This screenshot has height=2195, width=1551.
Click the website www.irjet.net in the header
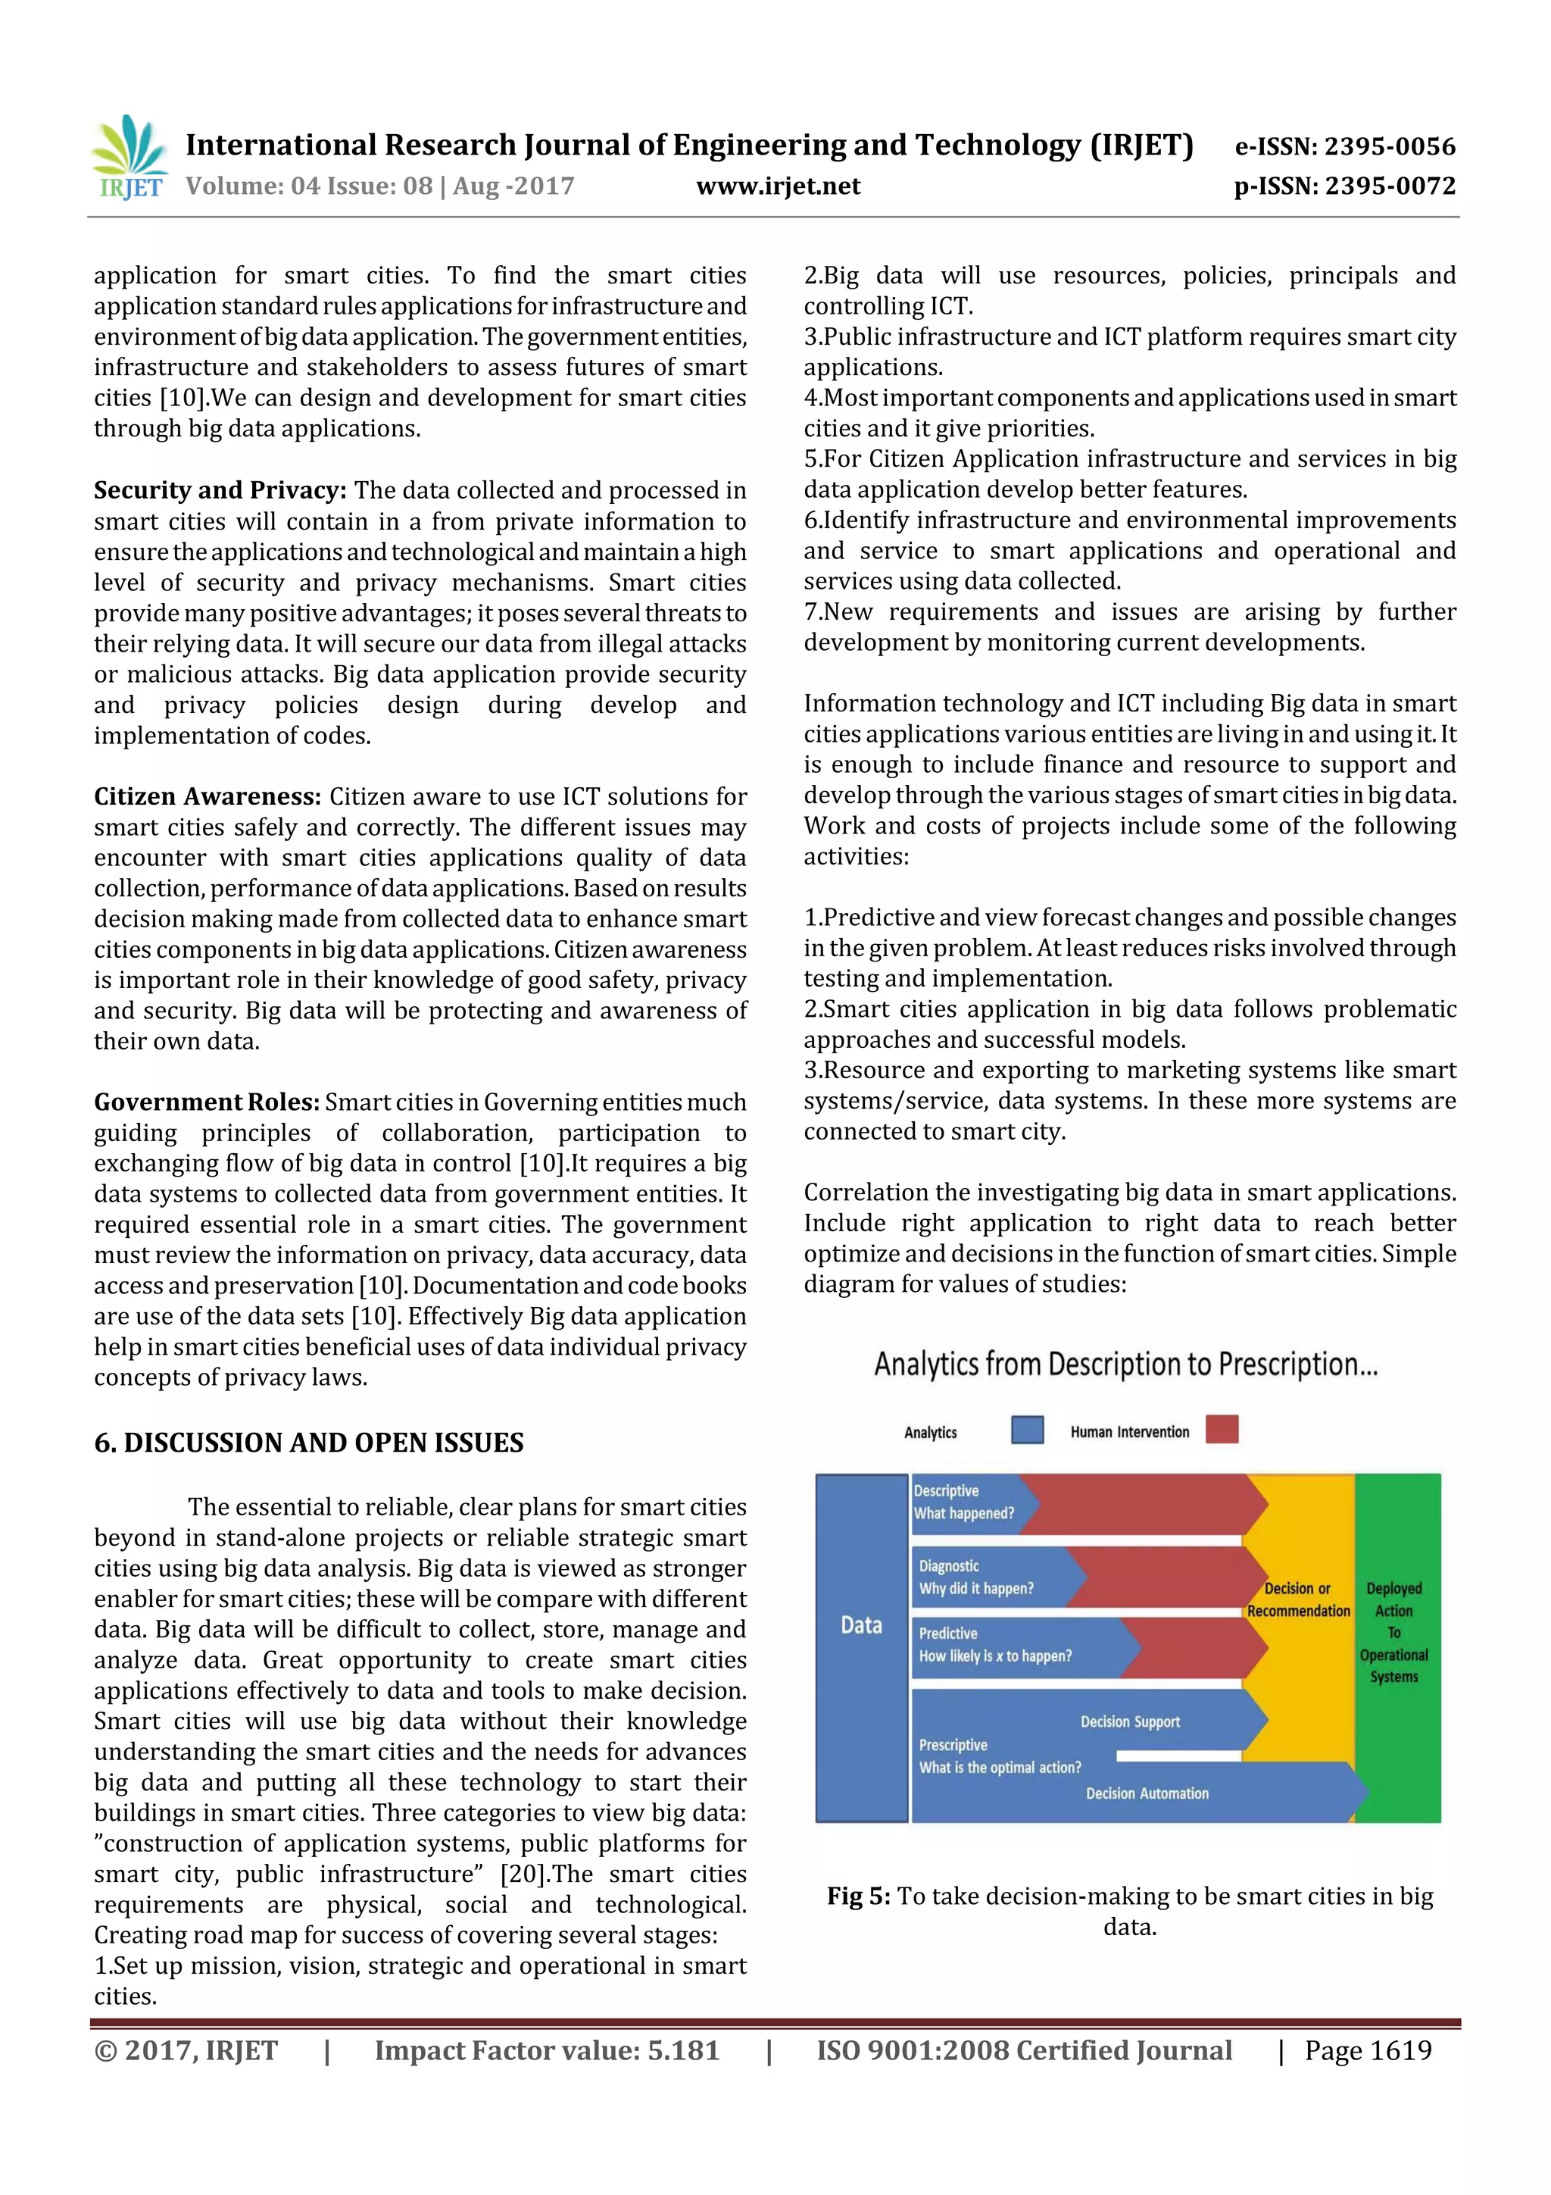tap(777, 186)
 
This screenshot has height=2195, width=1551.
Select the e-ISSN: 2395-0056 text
tap(1344, 146)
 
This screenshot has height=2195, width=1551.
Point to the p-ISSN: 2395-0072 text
tap(1344, 186)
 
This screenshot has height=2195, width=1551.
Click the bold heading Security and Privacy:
tap(220, 490)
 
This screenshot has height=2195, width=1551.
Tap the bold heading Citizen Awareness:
tap(207, 796)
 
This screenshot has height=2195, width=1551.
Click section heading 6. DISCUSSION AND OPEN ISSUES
tap(309, 1443)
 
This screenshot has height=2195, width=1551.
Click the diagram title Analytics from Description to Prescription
tap(1125, 1365)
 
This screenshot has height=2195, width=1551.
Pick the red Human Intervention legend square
tap(1222, 1429)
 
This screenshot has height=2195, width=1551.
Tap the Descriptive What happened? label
tap(963, 1502)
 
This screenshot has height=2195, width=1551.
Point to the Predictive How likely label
tap(995, 1645)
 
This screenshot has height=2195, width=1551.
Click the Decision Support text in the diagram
tap(1130, 1721)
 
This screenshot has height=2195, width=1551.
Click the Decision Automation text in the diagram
tap(1147, 1793)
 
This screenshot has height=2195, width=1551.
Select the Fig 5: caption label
tap(858, 1896)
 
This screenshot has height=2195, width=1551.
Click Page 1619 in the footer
tap(1368, 2050)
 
